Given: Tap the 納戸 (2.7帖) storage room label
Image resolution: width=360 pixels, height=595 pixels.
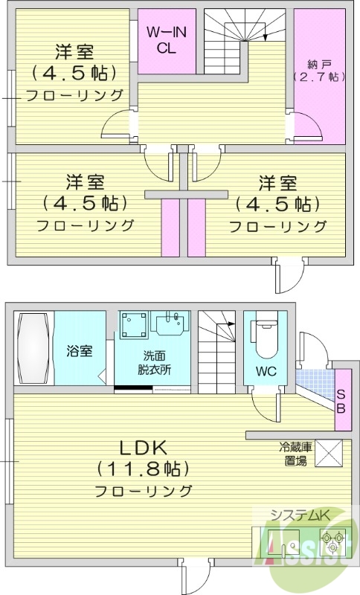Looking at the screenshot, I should [x=318, y=69].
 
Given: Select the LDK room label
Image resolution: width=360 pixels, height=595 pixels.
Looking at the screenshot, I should [x=142, y=448].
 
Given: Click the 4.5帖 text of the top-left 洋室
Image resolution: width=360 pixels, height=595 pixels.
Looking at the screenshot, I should [x=73, y=73].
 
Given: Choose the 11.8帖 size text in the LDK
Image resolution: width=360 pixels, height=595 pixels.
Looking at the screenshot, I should [x=142, y=469].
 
